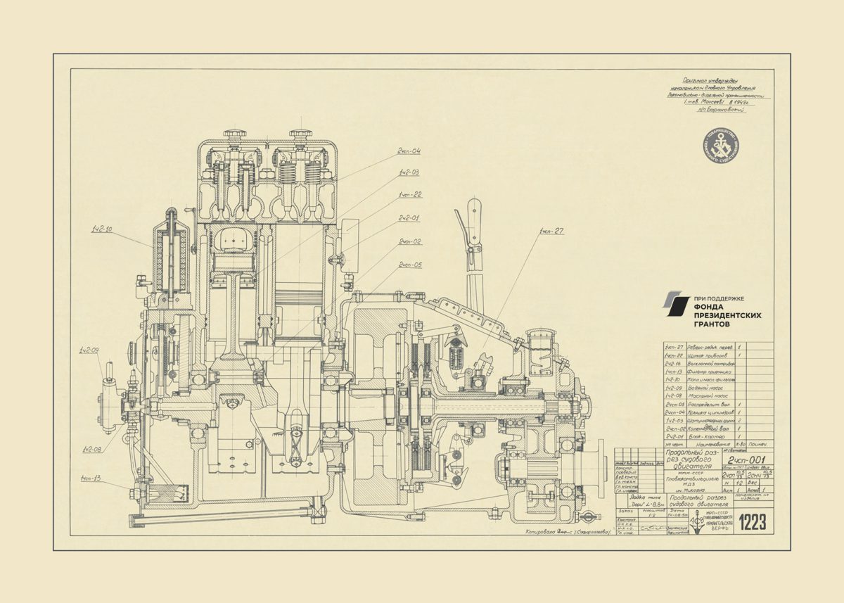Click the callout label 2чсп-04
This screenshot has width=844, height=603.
(409, 151)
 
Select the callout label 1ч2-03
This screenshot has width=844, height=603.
(409, 172)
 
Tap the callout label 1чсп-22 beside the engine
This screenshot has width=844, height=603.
(410, 194)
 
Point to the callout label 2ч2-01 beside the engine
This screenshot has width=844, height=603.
(409, 218)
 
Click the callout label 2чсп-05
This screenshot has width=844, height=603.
(410, 265)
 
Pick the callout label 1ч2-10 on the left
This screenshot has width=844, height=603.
(101, 229)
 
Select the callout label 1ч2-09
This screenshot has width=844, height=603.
(89, 350)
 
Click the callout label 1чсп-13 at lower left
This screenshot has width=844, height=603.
(91, 479)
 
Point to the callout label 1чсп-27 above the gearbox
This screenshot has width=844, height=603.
(552, 231)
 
